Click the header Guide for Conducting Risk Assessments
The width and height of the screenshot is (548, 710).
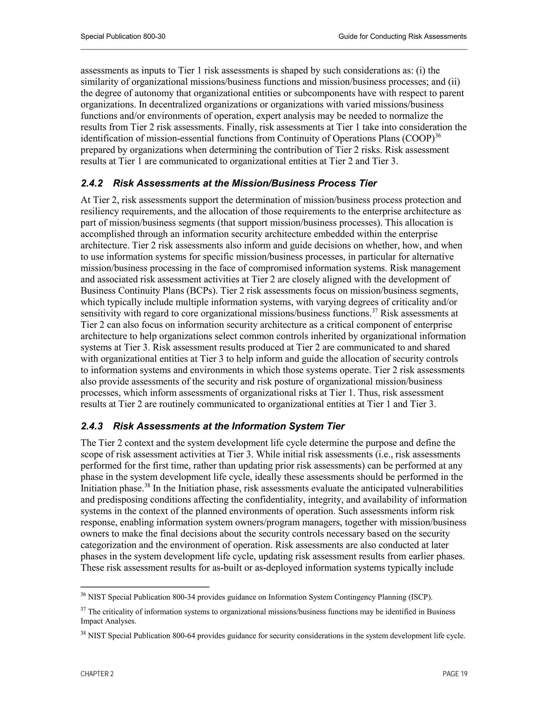(x=402, y=36)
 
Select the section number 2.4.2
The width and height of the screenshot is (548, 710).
(x=92, y=183)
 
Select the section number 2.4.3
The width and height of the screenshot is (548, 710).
(x=92, y=426)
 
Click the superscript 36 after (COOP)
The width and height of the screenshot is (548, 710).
(x=438, y=136)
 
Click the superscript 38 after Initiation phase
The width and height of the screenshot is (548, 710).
(x=147, y=485)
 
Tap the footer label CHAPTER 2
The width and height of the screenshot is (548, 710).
(x=97, y=674)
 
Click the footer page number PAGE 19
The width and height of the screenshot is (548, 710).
(x=455, y=674)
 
